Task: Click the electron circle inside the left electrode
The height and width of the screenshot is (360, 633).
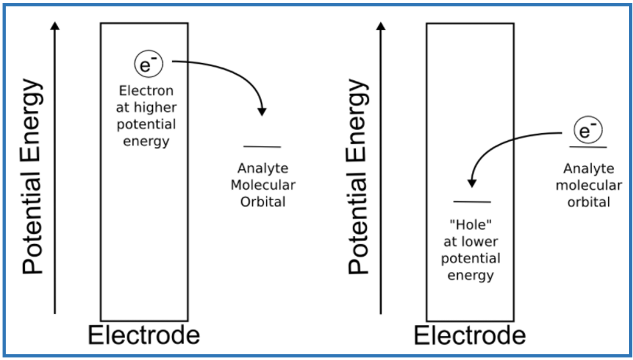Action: tap(148, 65)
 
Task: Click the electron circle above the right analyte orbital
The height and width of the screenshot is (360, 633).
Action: tap(588, 131)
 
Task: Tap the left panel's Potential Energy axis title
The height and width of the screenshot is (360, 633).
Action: tap(32, 177)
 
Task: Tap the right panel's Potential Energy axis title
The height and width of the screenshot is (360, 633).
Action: tap(358, 177)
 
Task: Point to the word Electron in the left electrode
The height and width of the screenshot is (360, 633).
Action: tap(146, 90)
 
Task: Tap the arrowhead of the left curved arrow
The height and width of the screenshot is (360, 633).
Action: tap(262, 112)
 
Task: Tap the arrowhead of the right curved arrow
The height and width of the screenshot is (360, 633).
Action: tap(471, 183)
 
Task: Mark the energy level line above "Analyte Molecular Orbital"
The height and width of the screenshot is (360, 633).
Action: tap(262, 147)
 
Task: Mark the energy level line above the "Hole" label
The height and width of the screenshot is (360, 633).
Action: tap(472, 201)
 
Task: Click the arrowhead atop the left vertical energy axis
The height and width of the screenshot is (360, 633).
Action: tap(55, 25)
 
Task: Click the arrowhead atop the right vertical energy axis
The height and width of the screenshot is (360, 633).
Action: tap(381, 25)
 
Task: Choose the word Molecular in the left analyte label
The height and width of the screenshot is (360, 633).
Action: tap(263, 185)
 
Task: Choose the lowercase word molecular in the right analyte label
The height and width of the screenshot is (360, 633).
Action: tap(589, 185)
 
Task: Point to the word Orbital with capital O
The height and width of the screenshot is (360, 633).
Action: tap(263, 201)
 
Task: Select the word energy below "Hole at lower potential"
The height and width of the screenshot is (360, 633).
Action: tap(471, 276)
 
